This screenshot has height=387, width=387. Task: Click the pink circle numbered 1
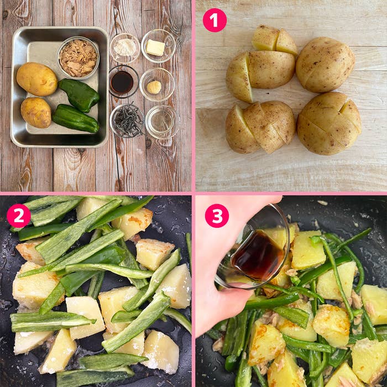pos(215,20)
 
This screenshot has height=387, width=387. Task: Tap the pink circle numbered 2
pos(19,216)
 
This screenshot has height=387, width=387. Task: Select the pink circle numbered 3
pos(217,216)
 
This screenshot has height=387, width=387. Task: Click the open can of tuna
pos(78,58)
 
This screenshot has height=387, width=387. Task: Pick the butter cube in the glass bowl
pos(155,48)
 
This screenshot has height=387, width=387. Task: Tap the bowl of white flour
pos(125,48)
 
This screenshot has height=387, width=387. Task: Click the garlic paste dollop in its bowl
pos(154,87)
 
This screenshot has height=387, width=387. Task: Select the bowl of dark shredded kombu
pos(127,121)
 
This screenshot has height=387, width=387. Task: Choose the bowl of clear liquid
pos(163,122)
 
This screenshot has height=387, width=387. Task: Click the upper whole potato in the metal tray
pos(37,79)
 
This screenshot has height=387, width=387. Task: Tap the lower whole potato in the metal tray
pos(36,113)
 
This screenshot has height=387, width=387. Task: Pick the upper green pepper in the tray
pos(79,95)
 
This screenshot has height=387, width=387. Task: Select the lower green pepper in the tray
pos(76,118)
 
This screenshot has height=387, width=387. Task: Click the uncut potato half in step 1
pos(325,65)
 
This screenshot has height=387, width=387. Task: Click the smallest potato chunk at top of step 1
pos(286,42)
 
